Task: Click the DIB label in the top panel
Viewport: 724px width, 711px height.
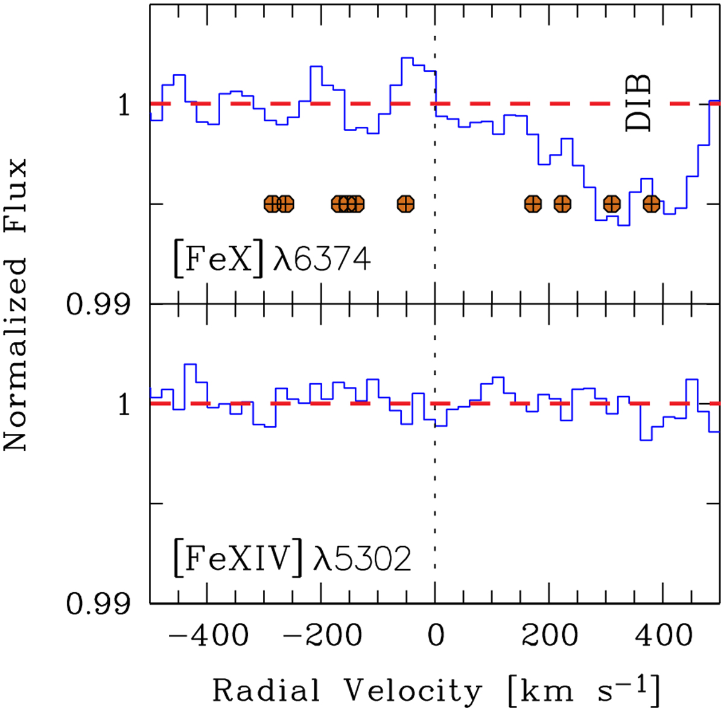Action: pyautogui.click(x=638, y=103)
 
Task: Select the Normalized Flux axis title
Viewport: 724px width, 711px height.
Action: pyautogui.click(x=16, y=304)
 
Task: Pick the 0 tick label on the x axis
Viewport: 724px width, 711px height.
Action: pyautogui.click(x=435, y=636)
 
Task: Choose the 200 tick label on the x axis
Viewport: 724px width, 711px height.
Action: pyautogui.click(x=548, y=636)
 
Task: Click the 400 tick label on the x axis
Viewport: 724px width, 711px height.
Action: pyautogui.click(x=662, y=636)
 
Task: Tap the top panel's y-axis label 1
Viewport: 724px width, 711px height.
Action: pyautogui.click(x=124, y=106)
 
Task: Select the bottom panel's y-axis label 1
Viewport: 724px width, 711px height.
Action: pyautogui.click(x=124, y=404)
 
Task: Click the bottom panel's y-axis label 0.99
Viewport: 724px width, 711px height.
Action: pyautogui.click(x=99, y=604)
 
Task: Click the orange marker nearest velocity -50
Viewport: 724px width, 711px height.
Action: pyautogui.click(x=405, y=204)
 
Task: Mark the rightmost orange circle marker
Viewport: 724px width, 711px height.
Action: pyautogui.click(x=651, y=204)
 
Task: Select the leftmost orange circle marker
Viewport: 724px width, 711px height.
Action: pyautogui.click(x=272, y=204)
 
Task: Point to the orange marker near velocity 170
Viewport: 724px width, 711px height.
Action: pyautogui.click(x=532, y=204)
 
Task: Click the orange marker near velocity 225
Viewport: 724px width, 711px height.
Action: pyautogui.click(x=562, y=204)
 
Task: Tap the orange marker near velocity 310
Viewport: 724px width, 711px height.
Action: pyautogui.click(x=612, y=204)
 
